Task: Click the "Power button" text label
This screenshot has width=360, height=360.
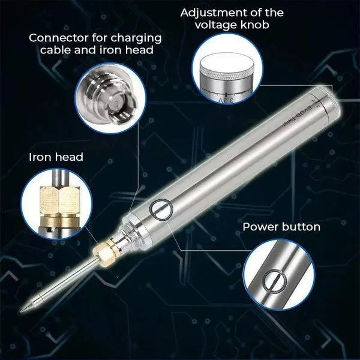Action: (281, 227)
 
